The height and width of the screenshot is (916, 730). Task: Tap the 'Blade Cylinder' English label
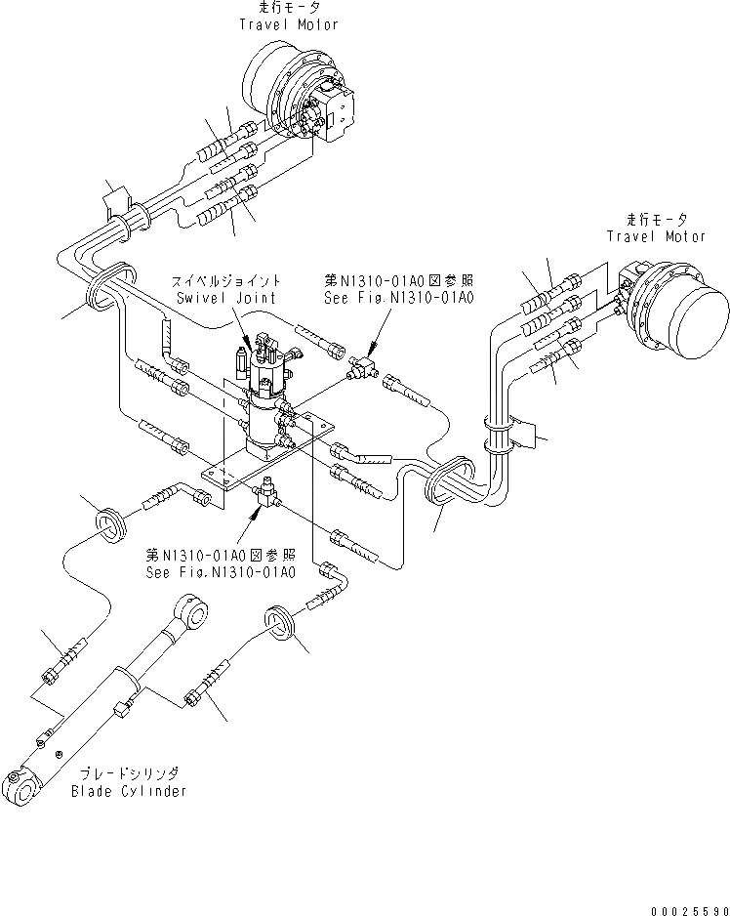point(129,790)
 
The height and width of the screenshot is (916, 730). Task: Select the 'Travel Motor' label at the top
point(289,24)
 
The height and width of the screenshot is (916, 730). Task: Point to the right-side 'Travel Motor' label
point(657,236)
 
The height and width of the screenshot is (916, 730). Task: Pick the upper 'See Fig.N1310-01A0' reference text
point(400,298)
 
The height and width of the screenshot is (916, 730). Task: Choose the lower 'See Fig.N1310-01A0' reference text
point(220,572)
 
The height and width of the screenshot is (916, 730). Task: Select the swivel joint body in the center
point(267,410)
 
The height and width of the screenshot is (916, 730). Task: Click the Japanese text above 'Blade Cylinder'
point(129,772)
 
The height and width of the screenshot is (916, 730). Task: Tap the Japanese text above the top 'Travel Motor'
point(289,8)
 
